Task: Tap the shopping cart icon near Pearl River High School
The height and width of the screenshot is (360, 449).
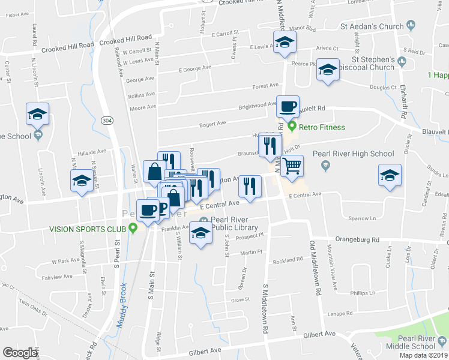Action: pyautogui.click(x=292, y=166)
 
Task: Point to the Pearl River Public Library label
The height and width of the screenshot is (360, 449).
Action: pyautogui.click(x=234, y=223)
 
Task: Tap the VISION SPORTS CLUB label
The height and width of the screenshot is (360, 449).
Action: pyautogui.click(x=88, y=229)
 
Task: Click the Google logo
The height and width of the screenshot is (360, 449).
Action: pyautogui.click(x=20, y=353)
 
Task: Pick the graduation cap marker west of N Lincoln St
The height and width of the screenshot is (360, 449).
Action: pyautogui.click(x=38, y=114)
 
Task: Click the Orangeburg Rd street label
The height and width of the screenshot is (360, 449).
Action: pyautogui.click(x=358, y=239)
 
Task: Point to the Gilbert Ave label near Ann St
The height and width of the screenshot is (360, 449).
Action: pyautogui.click(x=319, y=334)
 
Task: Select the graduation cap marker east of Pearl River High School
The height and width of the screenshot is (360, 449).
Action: pyautogui.click(x=390, y=176)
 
